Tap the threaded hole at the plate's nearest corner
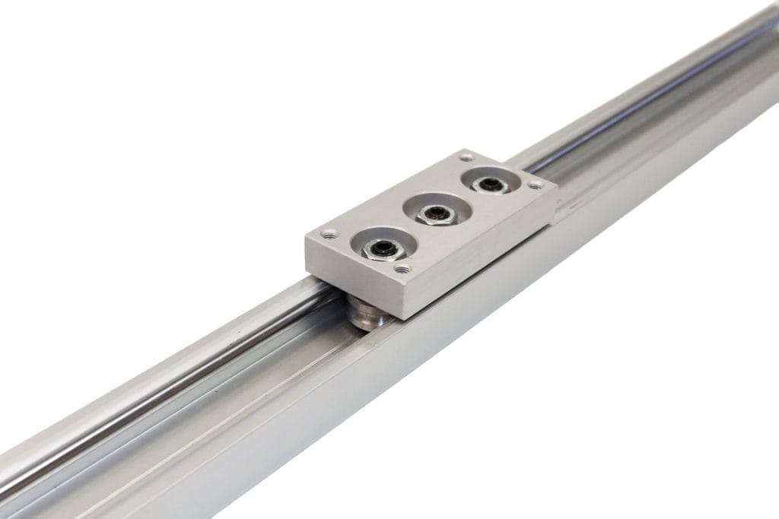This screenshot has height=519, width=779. [x=402, y=268]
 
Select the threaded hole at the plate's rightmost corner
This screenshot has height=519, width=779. [x=536, y=185]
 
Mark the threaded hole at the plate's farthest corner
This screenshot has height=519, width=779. [x=466, y=157]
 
